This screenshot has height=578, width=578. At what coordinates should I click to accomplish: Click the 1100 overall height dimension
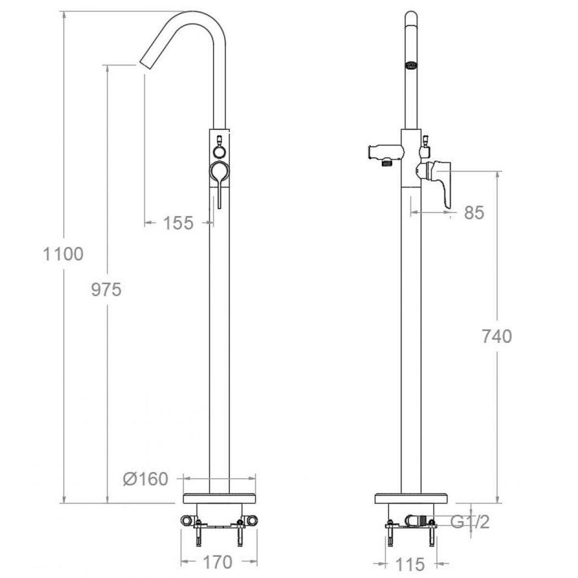[x=63, y=254]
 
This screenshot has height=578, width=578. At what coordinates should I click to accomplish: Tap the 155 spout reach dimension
[x=178, y=223]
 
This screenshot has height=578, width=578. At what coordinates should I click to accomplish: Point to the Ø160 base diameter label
[x=145, y=479]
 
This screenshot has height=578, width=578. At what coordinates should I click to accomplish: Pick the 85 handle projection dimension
[x=474, y=212]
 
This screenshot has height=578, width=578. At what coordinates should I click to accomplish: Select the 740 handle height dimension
[x=497, y=336]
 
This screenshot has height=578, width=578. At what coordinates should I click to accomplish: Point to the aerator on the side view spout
[x=411, y=65]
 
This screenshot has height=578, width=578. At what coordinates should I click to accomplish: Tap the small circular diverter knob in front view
[x=219, y=152]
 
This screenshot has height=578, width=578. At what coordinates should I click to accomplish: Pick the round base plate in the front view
[x=219, y=499]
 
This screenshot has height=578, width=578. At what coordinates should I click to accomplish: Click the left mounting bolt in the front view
[x=198, y=532]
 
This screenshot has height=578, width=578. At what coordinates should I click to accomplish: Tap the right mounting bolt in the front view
[x=239, y=532]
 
